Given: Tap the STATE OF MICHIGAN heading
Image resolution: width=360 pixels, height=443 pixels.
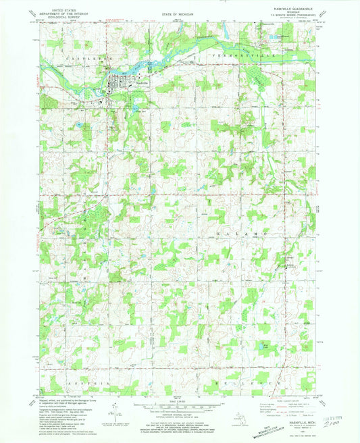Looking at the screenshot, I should [x=179, y=10].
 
